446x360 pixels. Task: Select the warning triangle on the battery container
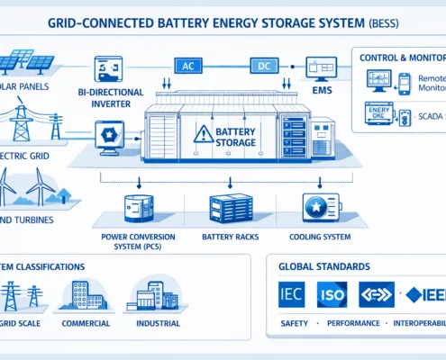[x=200, y=134]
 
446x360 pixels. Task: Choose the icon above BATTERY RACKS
[x=227, y=209]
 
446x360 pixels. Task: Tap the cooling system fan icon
[x=315, y=208]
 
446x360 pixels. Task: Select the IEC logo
[x=292, y=294]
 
